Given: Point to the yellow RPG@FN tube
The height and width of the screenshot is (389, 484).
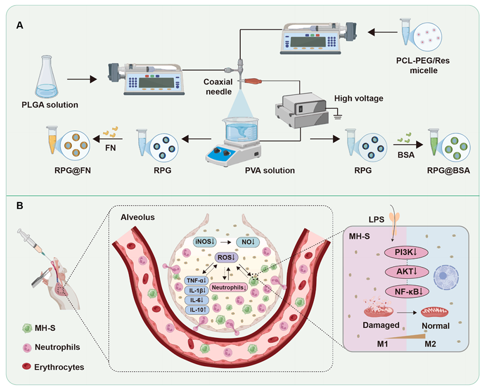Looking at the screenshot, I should (52, 141).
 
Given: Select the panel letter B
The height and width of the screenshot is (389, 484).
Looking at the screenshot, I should (19, 207).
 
